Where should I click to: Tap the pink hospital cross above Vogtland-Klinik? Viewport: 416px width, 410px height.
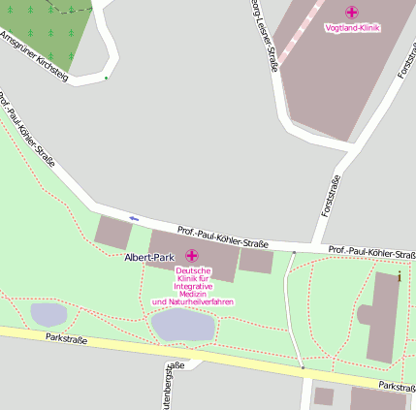pos(351,13)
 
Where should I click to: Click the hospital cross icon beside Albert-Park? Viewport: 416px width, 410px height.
pos(191,256)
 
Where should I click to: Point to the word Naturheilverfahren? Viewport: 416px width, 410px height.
pos(193,302)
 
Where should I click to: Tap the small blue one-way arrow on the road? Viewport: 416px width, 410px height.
pos(134,218)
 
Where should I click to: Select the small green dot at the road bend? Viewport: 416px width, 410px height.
pos(106,78)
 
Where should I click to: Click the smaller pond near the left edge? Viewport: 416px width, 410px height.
pos(48,314)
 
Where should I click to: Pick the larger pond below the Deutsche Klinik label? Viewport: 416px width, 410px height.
pos(183,324)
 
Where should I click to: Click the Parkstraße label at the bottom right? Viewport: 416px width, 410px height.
pos(397,386)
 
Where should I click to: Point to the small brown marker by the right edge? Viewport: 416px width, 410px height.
pos(400,276)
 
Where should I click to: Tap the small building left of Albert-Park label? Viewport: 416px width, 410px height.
pos(112,233)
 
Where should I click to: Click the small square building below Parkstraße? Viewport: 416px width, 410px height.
pos(324,395)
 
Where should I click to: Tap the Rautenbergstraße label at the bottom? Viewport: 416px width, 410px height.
pos(175,384)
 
